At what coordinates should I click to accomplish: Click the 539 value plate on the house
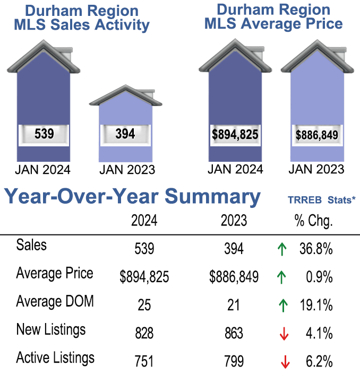44,134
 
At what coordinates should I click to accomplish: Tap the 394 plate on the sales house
125,134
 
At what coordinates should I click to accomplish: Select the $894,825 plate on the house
235,135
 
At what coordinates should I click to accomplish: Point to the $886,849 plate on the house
316,135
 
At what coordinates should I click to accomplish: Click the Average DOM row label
55,302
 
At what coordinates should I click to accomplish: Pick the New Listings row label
50,330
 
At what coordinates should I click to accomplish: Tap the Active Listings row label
55,358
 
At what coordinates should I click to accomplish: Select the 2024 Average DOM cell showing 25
144,305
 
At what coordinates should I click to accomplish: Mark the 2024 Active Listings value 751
144,361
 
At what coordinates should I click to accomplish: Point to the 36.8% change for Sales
318,249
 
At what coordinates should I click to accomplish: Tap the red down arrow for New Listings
285,334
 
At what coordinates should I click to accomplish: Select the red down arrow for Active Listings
285,362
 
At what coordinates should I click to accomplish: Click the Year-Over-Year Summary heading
132,197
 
